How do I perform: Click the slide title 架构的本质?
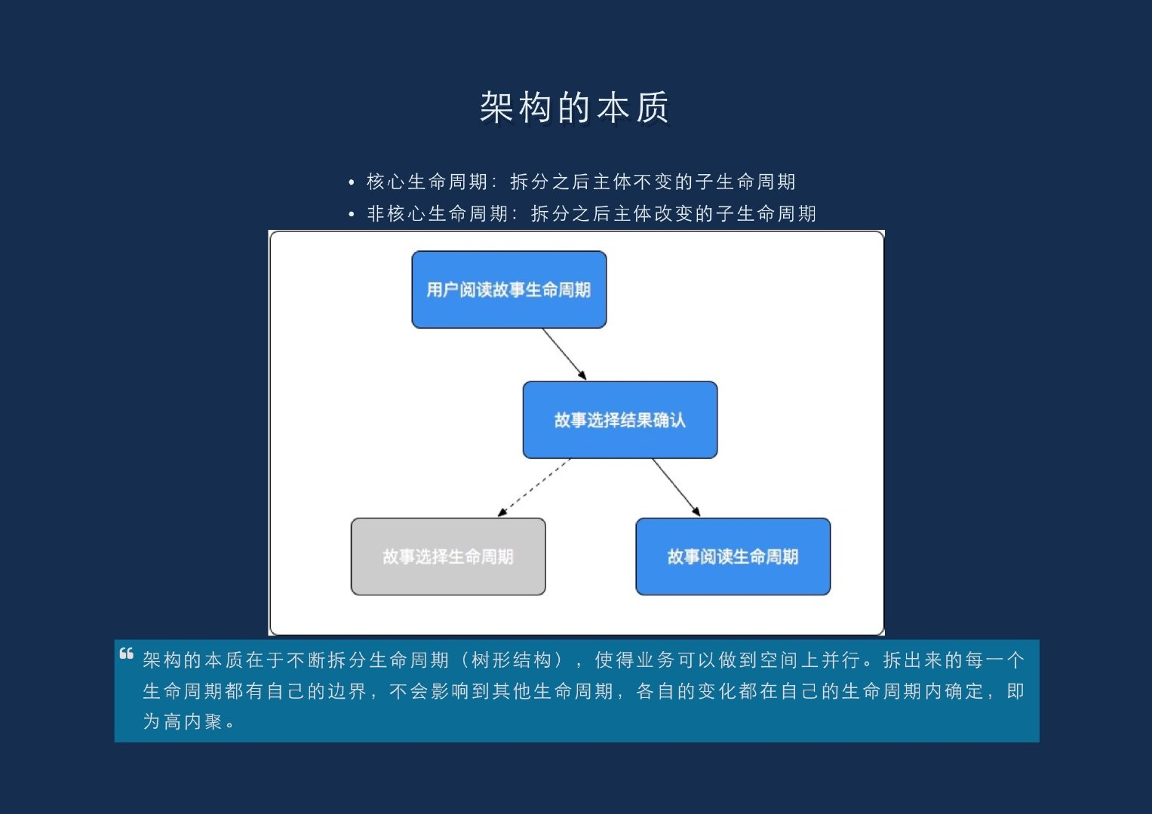click(575, 108)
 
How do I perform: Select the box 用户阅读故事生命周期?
click(508, 289)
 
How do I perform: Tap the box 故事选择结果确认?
click(619, 420)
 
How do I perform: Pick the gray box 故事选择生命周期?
click(447, 556)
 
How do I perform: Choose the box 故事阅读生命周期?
click(733, 556)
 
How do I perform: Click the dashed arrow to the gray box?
click(534, 487)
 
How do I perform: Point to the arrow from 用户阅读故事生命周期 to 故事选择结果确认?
click(563, 353)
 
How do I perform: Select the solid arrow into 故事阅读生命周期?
click(676, 487)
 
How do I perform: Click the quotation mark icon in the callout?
click(127, 653)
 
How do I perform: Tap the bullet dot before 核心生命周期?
click(352, 182)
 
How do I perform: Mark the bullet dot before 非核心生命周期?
click(352, 215)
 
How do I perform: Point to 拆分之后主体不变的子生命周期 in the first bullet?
click(653, 182)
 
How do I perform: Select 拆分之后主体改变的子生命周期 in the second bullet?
click(673, 214)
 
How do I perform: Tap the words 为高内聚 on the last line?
click(183, 721)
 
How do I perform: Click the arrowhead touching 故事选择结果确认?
click(582, 375)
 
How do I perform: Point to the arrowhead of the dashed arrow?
click(502, 513)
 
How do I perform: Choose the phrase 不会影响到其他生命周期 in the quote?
click(501, 691)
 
